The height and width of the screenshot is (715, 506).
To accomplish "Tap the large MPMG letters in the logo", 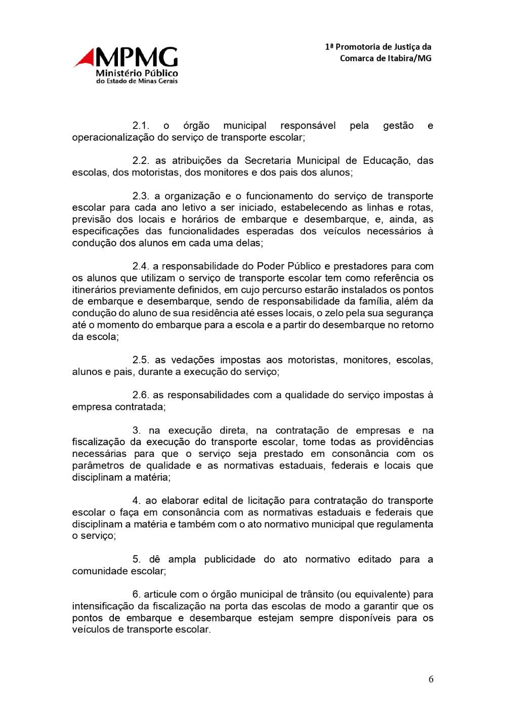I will point(136,58).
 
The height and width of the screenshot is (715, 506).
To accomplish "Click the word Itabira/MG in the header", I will point(410,58).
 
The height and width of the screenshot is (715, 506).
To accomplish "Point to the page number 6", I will point(431,679).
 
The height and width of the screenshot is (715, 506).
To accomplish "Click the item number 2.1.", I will point(141,125).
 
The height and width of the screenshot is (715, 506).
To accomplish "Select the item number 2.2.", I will point(141,161).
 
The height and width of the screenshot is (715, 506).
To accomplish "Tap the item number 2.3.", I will point(141,196).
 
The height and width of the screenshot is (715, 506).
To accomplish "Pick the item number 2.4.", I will point(141,267).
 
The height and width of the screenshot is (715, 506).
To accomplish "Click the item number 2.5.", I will point(141,360).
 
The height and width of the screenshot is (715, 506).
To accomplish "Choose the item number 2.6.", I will point(141,395).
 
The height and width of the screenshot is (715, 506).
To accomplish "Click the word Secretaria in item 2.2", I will point(268,161).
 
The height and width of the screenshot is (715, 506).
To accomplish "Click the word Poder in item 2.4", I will point(270,267).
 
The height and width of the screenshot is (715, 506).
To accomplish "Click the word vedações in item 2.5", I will point(193,360).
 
